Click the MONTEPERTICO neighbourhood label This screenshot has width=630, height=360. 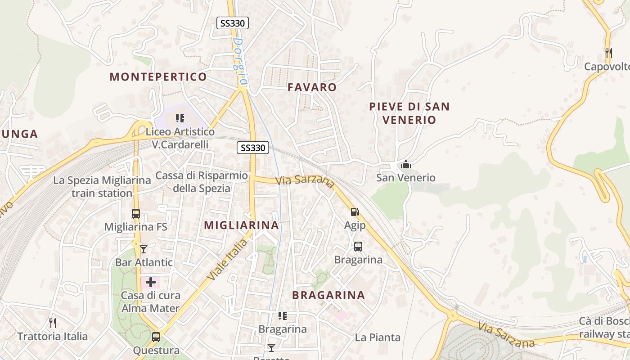coord(158,76)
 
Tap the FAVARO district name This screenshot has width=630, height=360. coord(312,87)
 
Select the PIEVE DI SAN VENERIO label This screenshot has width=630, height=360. coord(409,113)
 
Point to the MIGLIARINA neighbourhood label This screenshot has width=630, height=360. coord(242,225)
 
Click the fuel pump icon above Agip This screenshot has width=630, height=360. coord(355,211)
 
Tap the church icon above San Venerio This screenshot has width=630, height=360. coord(406,164)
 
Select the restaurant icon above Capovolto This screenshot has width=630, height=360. coord(608,53)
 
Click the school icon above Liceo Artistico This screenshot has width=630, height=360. coord(180,118)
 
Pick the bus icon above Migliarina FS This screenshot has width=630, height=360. coord(136,213)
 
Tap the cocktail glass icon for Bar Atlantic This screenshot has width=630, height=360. coord(144,249)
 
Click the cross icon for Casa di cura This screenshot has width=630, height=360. coord(151,282)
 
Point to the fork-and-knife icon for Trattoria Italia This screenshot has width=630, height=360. coord(53,323)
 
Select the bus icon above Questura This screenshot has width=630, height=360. coord(156,337)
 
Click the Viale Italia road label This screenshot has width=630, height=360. coord(228,260)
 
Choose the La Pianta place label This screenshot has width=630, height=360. coord(378,337)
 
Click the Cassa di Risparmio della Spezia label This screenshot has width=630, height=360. coord(201,182)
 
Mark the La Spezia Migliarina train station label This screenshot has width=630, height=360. coord(102,187)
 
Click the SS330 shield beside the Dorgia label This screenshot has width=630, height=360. coord(233,23)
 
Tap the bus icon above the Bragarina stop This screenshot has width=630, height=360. coord(358,247)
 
